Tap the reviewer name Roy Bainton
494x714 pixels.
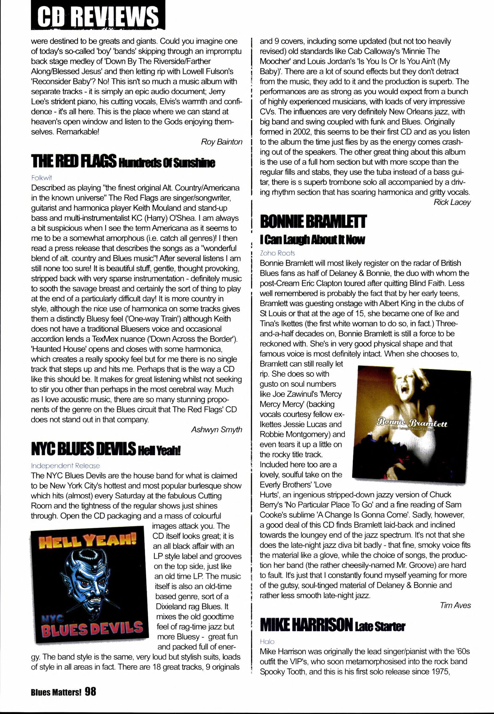[x=221, y=142]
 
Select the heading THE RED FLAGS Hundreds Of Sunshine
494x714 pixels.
[x=123, y=161]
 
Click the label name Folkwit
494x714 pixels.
[x=41, y=178]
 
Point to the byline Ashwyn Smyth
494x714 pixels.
[x=216, y=430]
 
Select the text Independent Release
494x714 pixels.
[x=65, y=466]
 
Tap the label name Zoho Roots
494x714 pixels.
[x=277, y=253]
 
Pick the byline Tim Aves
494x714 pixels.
[x=455, y=605]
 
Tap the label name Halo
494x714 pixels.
[x=267, y=642]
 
